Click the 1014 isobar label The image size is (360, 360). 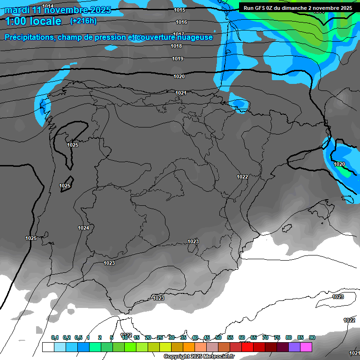[48, 6]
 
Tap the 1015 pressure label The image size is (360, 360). [179, 10]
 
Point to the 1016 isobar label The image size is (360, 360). [181, 22]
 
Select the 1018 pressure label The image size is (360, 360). [176, 46]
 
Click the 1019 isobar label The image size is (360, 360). [178, 59]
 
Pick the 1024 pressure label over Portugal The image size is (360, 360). [83, 228]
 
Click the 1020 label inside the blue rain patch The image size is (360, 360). [339, 164]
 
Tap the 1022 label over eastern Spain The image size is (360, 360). [242, 177]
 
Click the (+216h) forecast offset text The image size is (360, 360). [83, 21]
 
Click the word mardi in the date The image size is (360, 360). [17, 10]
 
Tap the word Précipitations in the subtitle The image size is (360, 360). [29, 37]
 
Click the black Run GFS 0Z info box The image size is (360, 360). [298, 8]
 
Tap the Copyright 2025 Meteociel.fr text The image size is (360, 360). [199, 357]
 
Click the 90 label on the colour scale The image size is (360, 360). [312, 337]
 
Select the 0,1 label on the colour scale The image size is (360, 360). [54, 337]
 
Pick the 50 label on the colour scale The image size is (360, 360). [218, 337]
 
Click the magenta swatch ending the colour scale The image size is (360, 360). [306, 347]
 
